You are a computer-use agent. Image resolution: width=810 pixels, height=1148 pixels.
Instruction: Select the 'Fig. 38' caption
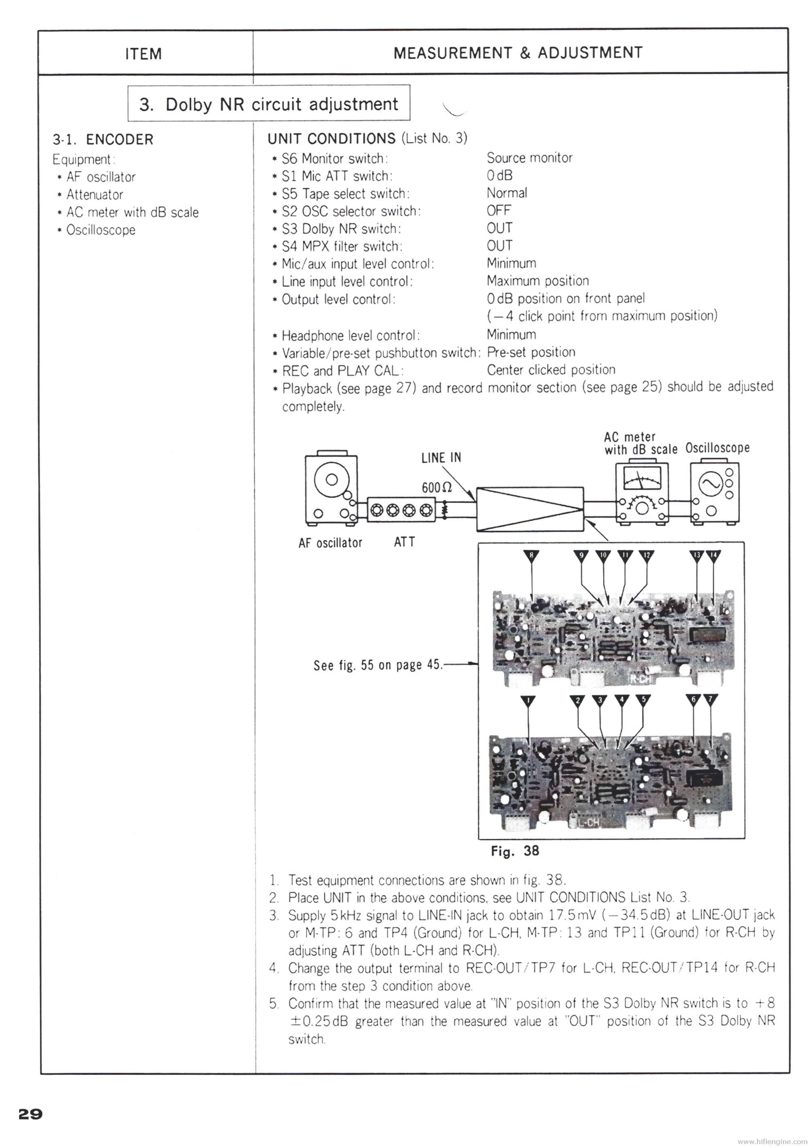tap(515, 851)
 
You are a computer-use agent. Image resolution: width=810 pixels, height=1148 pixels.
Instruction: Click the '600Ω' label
tap(437, 488)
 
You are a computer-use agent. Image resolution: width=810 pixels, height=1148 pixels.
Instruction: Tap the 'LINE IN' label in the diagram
tap(441, 457)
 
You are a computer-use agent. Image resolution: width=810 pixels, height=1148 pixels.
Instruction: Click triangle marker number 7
tap(710, 699)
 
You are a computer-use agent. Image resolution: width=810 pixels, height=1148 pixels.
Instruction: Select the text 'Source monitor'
tap(529, 158)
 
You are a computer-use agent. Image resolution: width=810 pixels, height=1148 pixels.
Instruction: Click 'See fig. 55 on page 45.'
tap(378, 665)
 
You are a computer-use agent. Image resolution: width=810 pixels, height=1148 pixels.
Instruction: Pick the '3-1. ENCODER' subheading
tap(103, 139)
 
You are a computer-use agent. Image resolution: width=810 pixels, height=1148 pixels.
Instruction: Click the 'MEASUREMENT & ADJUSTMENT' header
tap(518, 53)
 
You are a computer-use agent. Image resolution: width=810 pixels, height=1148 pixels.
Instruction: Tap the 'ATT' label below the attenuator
tap(404, 542)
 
